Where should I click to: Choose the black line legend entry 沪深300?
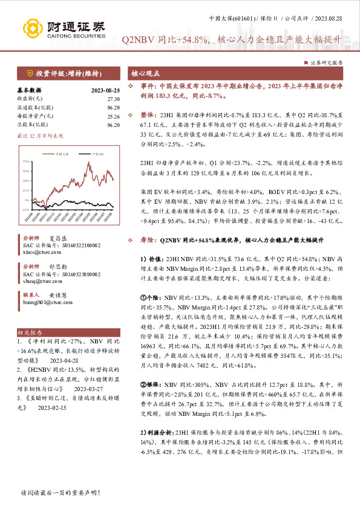(x=94, y=155)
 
